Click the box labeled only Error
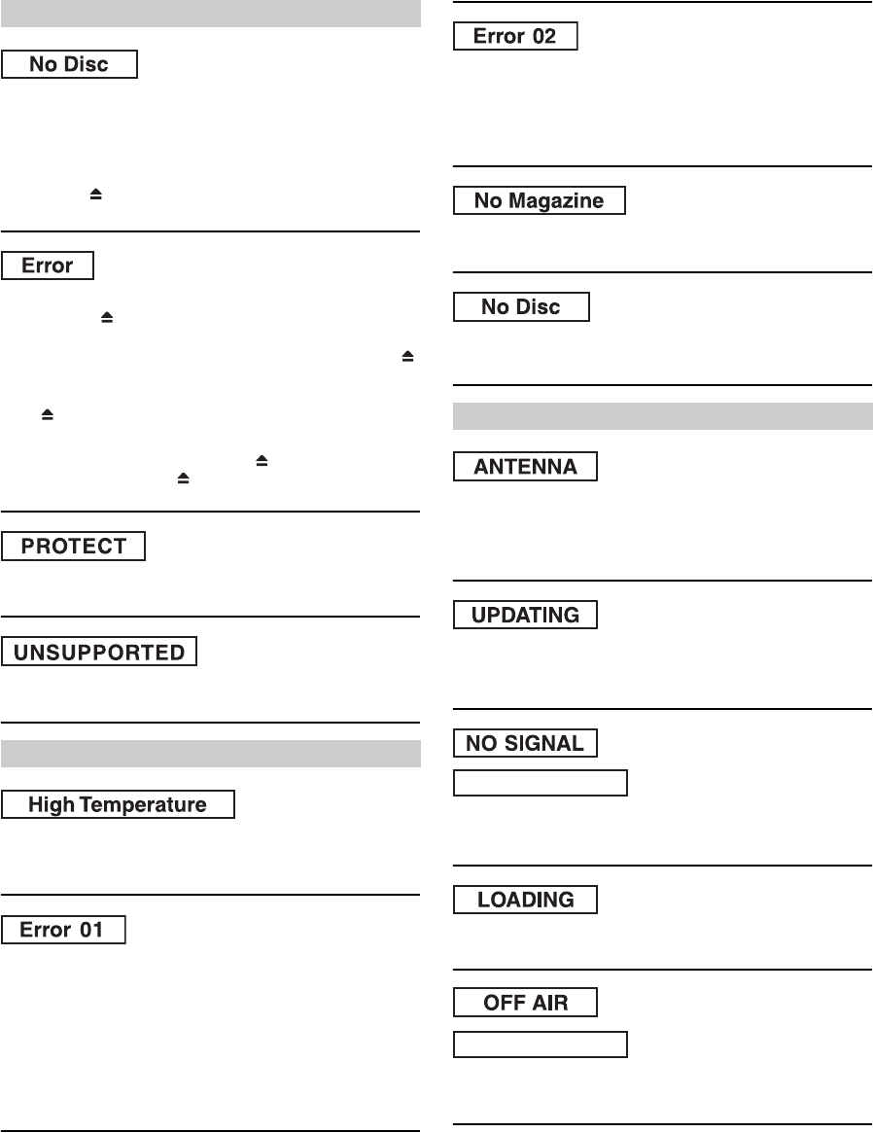48,266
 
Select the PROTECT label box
73,546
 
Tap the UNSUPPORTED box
99,652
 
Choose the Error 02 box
516,36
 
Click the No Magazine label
540,200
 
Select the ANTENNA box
526,466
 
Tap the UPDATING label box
526,615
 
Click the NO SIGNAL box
526,743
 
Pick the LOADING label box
526,900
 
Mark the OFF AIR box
526,1004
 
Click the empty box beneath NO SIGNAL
541,783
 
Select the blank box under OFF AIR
541,1044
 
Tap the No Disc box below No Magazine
522,306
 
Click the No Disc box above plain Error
69,65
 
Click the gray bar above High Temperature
210,754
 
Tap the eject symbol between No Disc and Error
96,195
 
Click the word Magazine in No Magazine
565,200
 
